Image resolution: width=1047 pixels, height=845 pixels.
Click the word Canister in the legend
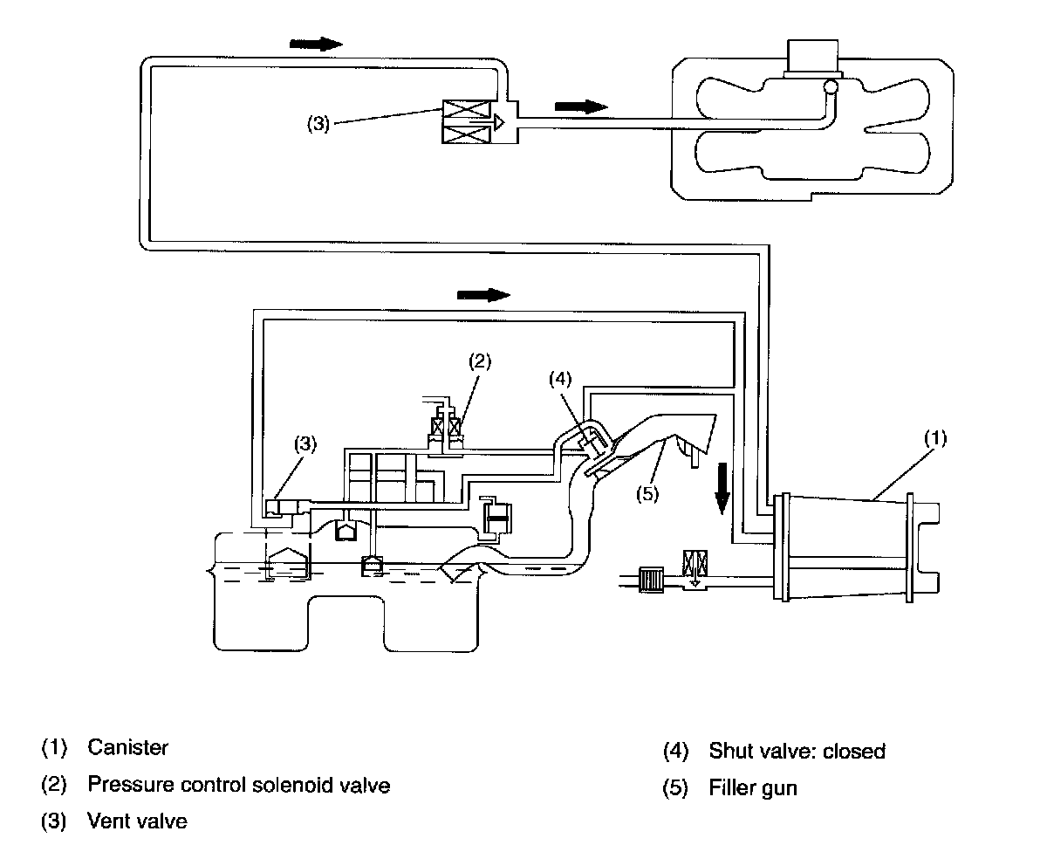128,747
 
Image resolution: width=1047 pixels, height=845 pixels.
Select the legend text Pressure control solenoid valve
238,785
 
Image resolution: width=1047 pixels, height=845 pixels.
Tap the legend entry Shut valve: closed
797,751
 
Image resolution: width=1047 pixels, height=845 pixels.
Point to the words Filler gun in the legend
753,788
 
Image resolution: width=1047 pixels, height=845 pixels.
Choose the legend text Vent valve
137,821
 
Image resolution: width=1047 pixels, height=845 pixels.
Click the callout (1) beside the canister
935,438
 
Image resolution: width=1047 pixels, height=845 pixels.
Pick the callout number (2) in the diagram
480,361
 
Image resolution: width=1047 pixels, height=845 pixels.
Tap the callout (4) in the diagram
560,379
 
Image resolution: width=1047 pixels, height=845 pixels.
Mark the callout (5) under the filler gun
647,494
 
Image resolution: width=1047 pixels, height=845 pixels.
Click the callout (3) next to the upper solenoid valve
318,124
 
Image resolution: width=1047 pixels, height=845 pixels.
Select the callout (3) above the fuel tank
305,443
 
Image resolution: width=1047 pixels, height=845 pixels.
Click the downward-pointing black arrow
722,488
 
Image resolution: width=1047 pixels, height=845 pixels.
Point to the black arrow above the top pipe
316,45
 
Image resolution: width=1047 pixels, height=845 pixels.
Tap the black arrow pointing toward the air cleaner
581,106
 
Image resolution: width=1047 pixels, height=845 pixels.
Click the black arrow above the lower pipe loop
483,295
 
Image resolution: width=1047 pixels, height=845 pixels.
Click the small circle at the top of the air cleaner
831,87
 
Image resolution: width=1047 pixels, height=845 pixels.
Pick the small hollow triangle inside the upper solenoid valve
499,122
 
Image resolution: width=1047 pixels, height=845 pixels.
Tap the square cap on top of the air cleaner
812,57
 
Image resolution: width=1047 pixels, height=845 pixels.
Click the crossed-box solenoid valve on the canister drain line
695,563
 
